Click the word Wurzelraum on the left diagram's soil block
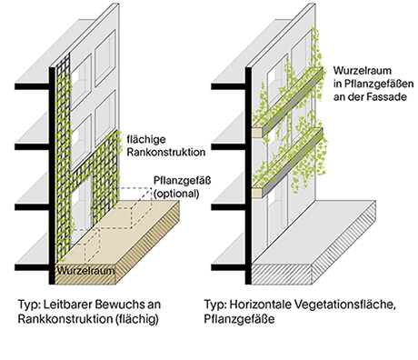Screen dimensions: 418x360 [x=85, y=270]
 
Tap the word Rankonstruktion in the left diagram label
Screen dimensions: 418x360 [x=165, y=152]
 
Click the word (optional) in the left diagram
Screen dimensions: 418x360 [x=176, y=194]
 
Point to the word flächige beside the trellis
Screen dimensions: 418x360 [x=146, y=140]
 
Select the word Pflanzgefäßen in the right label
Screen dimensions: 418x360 [x=379, y=84]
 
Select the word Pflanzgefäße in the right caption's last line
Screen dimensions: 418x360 [x=239, y=319]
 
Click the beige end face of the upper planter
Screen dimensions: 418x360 [x=258, y=132]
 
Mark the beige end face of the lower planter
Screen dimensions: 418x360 [x=258, y=193]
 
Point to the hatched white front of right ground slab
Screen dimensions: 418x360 [x=282, y=274]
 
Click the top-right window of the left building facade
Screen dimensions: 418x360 [x=105, y=57]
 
